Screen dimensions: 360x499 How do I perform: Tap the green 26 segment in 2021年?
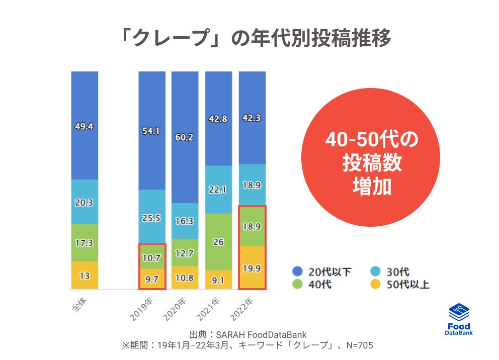pyautogui.click(x=218, y=242)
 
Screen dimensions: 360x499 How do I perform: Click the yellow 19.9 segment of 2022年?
pyautogui.click(x=252, y=268)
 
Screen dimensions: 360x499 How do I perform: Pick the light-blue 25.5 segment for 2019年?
pyautogui.click(x=152, y=218)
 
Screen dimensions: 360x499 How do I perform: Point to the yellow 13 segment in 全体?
pyautogui.click(x=85, y=275)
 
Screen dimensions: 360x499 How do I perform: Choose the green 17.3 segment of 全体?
pyautogui.click(x=85, y=242)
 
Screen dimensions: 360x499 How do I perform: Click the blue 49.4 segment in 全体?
pyautogui.click(x=85, y=126)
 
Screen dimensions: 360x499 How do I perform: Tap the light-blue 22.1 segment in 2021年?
pyautogui.click(x=218, y=190)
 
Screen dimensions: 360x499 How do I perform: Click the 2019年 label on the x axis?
pyautogui.click(x=144, y=308)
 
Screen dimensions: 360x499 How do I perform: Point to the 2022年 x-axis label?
pyautogui.click(x=244, y=308)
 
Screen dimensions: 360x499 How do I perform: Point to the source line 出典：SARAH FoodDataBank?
pyautogui.click(x=248, y=335)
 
